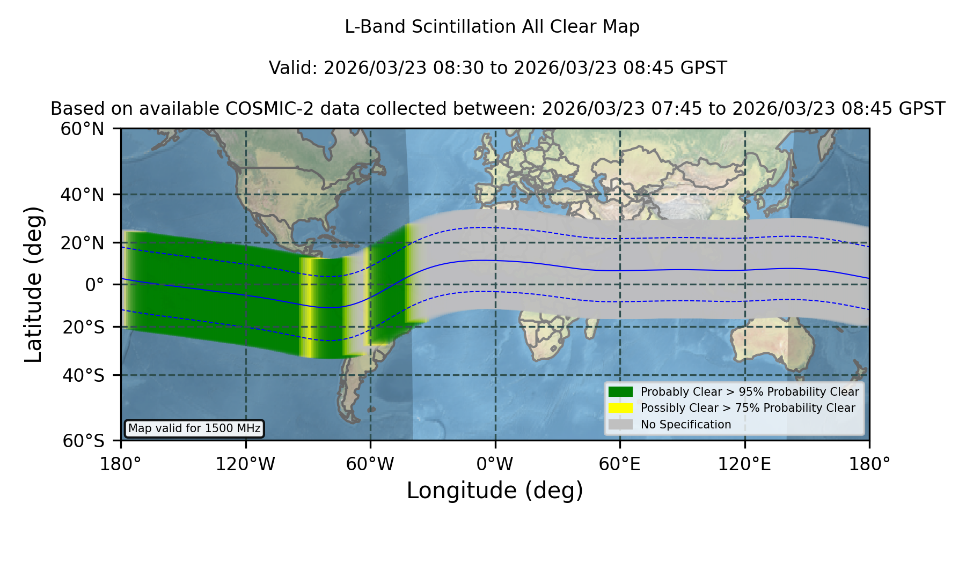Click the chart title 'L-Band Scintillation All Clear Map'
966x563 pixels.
[x=492, y=27]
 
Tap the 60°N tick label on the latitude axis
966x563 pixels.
[x=82, y=129]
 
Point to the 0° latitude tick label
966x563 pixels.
[x=94, y=285]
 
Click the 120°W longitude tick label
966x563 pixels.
[x=245, y=464]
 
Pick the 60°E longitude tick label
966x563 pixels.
[x=620, y=464]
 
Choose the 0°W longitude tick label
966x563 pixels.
[x=495, y=464]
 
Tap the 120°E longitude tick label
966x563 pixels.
[x=745, y=464]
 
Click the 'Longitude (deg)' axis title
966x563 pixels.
[x=495, y=491]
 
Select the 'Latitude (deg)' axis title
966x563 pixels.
[x=33, y=284]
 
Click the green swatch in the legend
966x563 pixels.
[x=620, y=392]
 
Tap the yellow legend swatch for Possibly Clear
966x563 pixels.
[x=620, y=408]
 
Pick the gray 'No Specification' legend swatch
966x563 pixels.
[x=620, y=425]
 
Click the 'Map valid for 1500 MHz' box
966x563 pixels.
[x=194, y=428]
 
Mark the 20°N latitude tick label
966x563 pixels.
[x=83, y=243]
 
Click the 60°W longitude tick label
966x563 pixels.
[x=370, y=464]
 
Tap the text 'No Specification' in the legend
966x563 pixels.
[x=686, y=425]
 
